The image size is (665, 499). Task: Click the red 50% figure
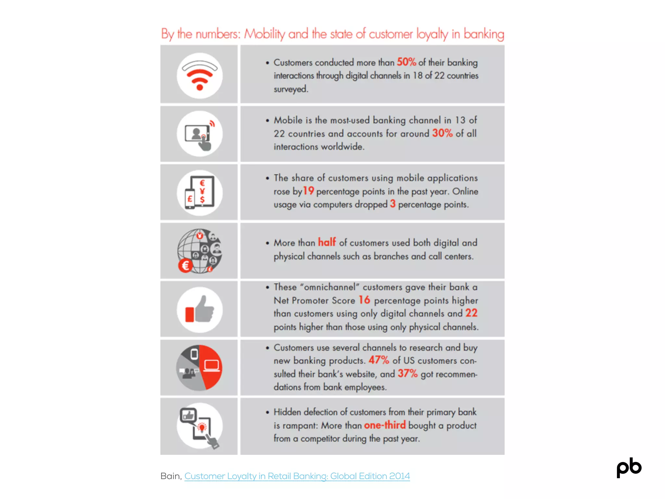click(x=406, y=62)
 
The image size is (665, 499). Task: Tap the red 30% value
click(x=442, y=133)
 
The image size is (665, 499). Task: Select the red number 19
click(x=308, y=191)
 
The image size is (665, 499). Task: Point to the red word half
click(x=327, y=242)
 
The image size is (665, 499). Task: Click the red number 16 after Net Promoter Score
click(x=364, y=300)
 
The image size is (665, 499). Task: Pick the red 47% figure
click(x=379, y=360)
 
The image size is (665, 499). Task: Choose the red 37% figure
click(x=408, y=373)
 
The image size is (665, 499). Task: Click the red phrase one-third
click(x=385, y=425)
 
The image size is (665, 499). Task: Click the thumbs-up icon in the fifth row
click(x=200, y=310)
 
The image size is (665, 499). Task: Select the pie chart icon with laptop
click(x=199, y=367)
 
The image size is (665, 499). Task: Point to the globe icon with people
click(x=200, y=251)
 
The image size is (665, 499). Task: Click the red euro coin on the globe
click(x=185, y=266)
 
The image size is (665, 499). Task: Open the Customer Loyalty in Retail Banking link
click(x=297, y=476)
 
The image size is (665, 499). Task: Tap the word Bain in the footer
click(x=170, y=476)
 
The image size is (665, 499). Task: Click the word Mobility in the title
click(x=265, y=34)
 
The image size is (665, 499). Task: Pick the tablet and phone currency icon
click(x=200, y=193)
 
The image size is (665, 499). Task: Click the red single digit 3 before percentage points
click(x=393, y=204)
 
